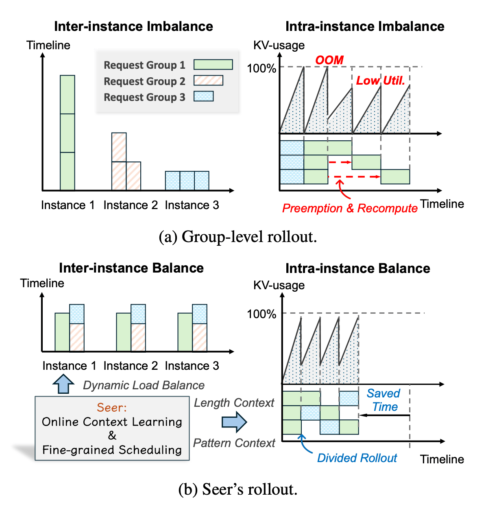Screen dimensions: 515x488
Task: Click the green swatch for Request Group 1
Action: [213, 64]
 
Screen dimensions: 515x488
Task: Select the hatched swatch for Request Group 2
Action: [208, 81]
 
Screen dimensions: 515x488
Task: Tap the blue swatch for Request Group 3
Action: [203, 96]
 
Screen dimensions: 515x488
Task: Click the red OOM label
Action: [329, 60]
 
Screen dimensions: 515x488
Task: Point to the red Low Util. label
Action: [381, 81]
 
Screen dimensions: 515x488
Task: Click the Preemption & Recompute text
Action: [350, 208]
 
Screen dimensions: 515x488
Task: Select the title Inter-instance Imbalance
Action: [133, 26]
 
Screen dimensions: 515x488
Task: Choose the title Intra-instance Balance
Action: [357, 268]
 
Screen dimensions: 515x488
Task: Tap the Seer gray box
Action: [112, 428]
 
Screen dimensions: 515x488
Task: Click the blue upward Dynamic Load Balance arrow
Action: [63, 384]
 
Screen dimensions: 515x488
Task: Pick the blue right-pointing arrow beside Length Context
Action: [234, 422]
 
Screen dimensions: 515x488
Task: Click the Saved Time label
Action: [384, 400]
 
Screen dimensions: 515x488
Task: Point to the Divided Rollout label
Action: [357, 458]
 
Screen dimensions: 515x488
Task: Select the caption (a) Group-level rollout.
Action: [238, 236]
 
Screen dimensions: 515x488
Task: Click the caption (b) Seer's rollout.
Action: [238, 489]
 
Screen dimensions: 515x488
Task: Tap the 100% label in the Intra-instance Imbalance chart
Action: [261, 68]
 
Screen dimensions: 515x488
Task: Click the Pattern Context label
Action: [234, 443]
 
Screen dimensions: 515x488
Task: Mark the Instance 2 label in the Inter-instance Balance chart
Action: [131, 366]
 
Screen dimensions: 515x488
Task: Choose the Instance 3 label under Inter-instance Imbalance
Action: [192, 205]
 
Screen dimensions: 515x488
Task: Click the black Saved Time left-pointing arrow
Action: [384, 415]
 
